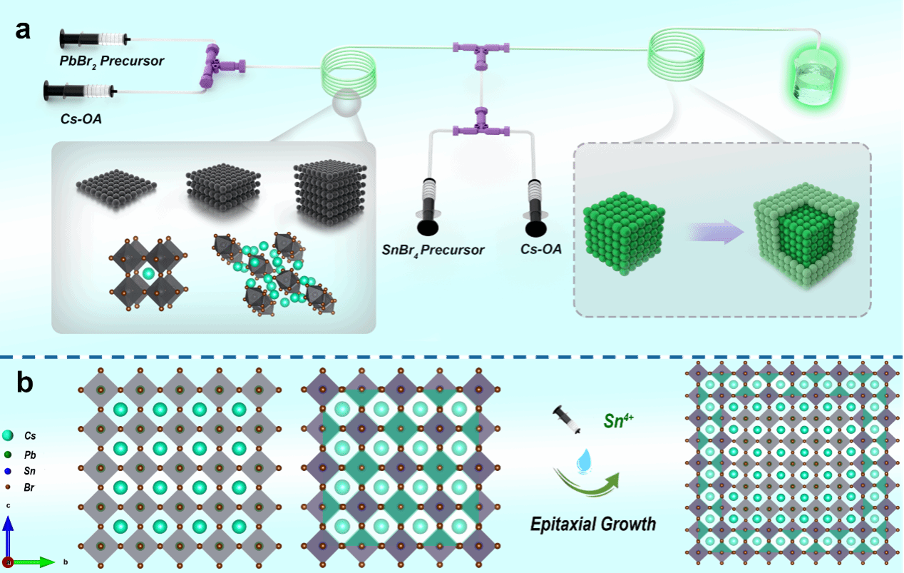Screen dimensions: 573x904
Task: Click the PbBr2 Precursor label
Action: (112, 61)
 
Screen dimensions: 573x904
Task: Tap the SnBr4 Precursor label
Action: (433, 250)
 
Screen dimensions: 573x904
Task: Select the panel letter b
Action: (25, 384)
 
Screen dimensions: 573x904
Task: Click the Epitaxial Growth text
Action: (592, 524)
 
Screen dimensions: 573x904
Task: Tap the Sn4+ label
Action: (607, 417)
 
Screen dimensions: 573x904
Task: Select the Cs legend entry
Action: (30, 435)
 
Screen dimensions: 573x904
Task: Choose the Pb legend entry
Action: (30, 454)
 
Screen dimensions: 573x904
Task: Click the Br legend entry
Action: (30, 487)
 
